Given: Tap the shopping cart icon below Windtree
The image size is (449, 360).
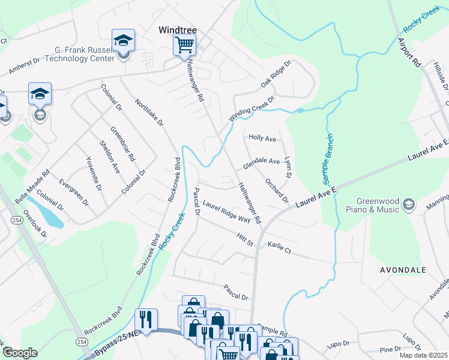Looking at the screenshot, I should (184, 44).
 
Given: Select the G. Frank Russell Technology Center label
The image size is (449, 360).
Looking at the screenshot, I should (76, 55).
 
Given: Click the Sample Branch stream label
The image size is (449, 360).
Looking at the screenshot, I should (328, 159).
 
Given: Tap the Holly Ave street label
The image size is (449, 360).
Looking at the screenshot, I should (262, 139).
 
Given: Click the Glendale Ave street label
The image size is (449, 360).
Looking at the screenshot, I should (261, 162).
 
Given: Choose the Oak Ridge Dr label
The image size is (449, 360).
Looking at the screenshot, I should (276, 73).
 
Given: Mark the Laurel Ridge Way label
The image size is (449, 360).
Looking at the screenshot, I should (226, 212).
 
